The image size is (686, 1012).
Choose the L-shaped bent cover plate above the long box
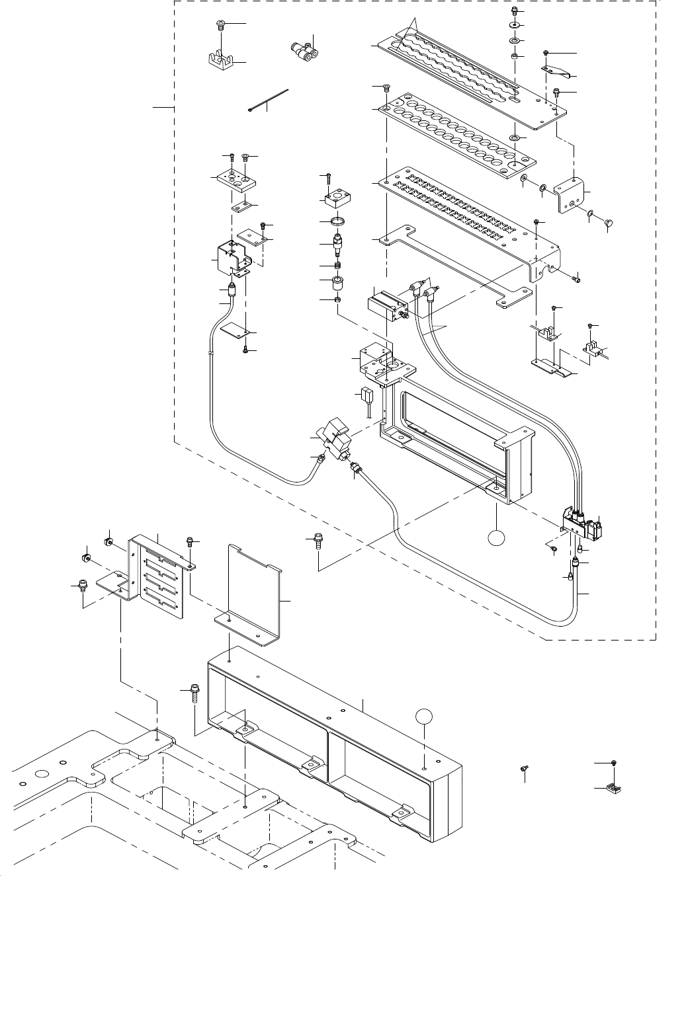255,595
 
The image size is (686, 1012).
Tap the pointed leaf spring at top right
554,70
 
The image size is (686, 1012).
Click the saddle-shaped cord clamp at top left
220,61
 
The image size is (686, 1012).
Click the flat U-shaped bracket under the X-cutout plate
456,268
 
